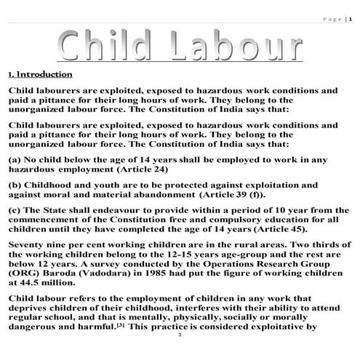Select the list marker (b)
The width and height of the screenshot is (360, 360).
coord(14,185)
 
